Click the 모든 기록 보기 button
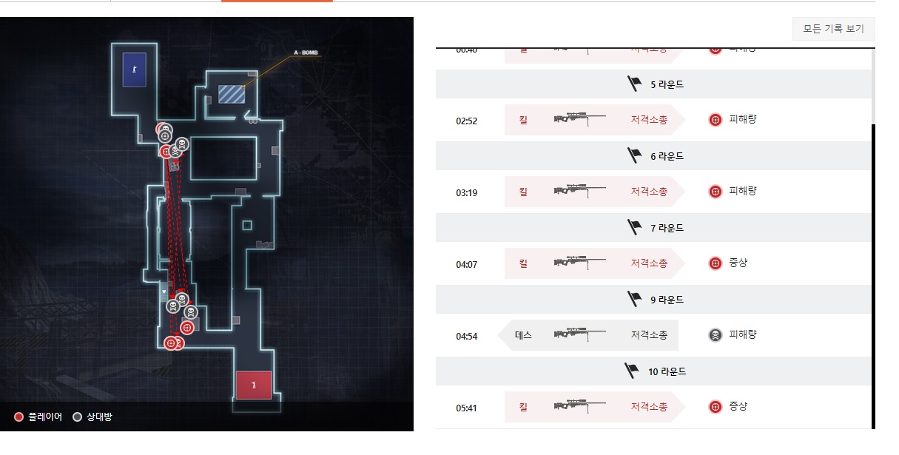(833, 29)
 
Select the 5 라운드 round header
(656, 84)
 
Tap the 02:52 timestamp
(467, 120)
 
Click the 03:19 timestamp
(467, 192)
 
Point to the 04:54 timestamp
(467, 336)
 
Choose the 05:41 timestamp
(467, 407)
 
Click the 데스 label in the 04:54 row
(523, 335)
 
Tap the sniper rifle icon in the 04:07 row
(580, 263)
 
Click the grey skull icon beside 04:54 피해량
(715, 335)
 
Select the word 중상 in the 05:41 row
(738, 407)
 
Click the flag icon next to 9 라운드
(634, 300)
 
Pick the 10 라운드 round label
(667, 371)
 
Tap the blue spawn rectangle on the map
(134, 70)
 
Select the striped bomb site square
(230, 94)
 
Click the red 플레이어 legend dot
(19, 417)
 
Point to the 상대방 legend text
(98, 417)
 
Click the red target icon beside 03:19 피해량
(715, 192)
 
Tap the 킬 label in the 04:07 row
(523, 263)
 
